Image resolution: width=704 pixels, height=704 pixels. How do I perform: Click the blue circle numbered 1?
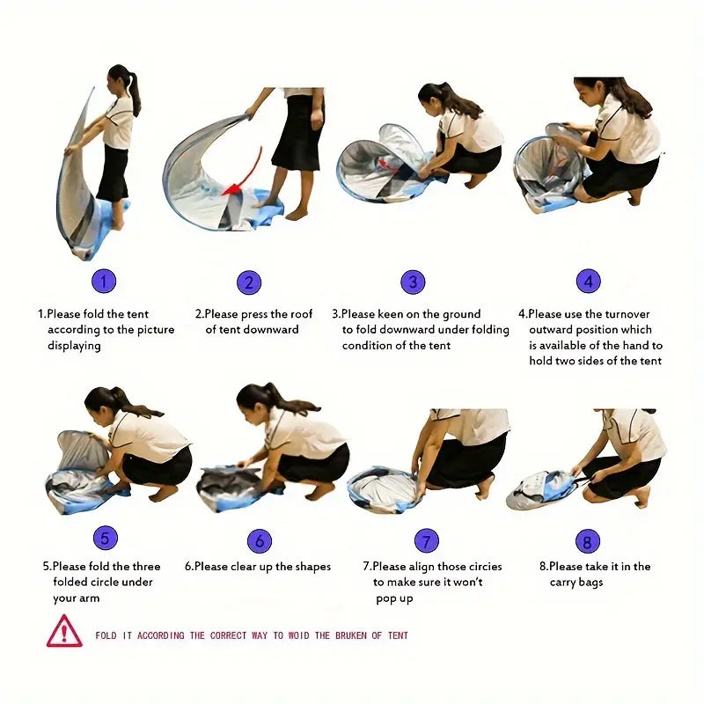104,282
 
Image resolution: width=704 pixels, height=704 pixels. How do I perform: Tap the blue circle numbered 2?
249,282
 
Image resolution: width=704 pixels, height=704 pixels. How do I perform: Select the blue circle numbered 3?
413,282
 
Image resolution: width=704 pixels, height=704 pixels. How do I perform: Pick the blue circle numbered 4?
588,281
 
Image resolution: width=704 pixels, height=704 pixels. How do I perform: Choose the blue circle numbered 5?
106,538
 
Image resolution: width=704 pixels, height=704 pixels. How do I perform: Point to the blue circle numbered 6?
260,540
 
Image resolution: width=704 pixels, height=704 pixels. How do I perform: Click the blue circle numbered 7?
426,540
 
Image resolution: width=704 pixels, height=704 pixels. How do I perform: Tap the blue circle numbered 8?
587,541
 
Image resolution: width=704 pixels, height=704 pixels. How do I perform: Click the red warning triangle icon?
64,632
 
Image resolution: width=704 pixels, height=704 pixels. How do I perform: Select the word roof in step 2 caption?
301,314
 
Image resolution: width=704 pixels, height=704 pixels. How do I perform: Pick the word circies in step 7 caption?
485,567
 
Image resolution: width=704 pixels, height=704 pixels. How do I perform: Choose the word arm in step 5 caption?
89,598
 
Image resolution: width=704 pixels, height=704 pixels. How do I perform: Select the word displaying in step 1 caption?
74,346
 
